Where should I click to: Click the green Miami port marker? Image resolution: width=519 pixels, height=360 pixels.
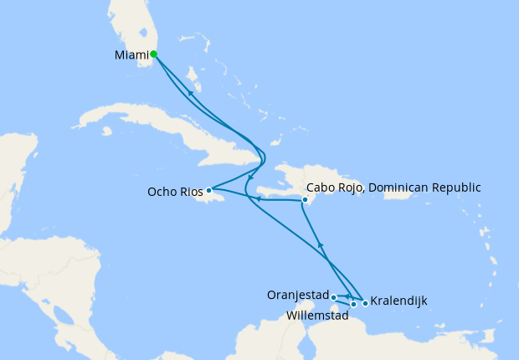click(154, 54)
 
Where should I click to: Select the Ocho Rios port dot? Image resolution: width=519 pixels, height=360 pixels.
click(209, 190)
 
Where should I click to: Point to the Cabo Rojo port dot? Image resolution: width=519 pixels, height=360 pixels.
click(305, 200)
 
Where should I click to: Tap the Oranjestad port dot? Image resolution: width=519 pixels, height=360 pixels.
click(333, 296)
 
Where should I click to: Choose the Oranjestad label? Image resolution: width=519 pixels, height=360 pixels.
click(297, 295)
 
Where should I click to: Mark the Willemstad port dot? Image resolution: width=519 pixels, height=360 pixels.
click(354, 304)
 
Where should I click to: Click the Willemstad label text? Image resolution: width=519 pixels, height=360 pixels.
click(318, 316)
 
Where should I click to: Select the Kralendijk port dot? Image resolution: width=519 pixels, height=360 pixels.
click(365, 303)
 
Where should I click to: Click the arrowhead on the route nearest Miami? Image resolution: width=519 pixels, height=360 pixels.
click(190, 93)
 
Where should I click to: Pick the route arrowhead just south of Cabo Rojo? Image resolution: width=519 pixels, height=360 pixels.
click(321, 244)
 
